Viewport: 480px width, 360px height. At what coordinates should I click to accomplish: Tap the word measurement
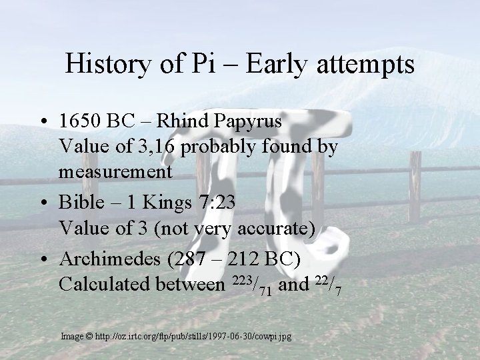(115, 171)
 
